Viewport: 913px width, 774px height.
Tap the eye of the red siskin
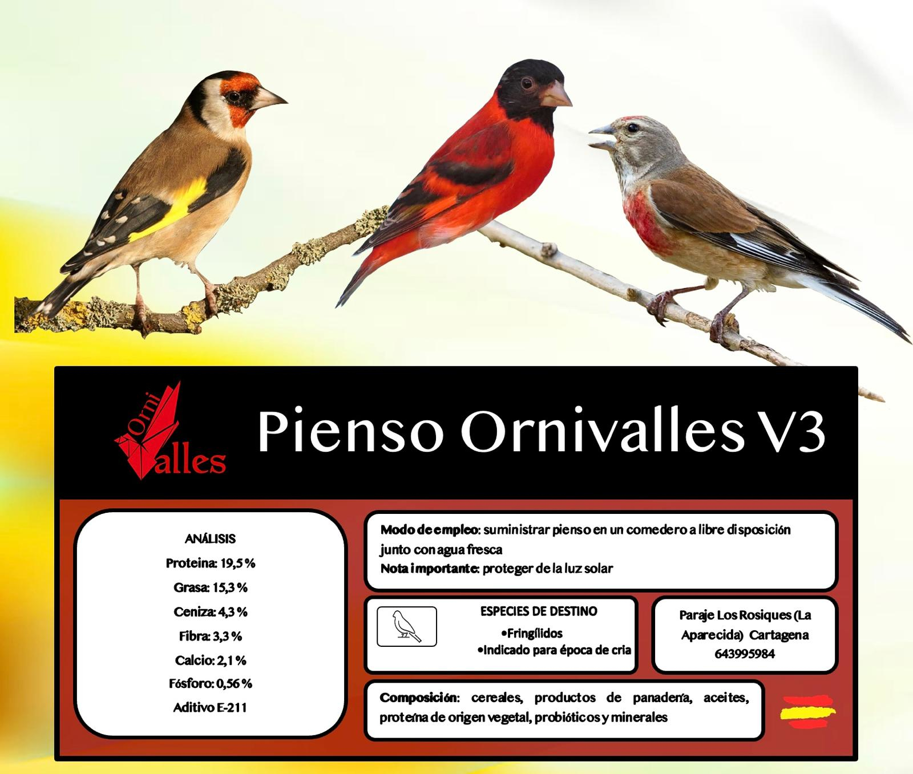tap(526, 84)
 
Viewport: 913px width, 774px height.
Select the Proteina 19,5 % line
tap(211, 564)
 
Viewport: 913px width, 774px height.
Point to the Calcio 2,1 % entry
tap(211, 660)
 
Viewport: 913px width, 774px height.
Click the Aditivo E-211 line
tap(210, 708)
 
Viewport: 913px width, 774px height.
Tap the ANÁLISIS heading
tap(210, 539)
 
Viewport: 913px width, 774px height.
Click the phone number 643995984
tap(745, 654)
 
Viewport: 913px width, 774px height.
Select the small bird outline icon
tap(407, 626)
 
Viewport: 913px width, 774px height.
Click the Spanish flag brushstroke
tap(807, 711)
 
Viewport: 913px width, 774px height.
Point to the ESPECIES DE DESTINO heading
tap(539, 611)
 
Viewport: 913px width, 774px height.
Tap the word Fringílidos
tap(534, 633)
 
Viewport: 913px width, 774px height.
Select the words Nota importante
tap(430, 569)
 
